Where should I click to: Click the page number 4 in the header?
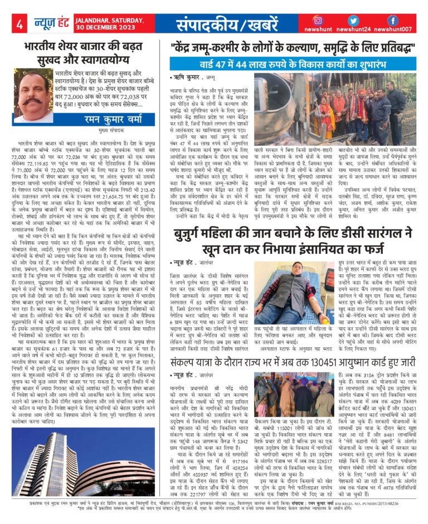(19, 25)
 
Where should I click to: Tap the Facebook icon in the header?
(393, 20)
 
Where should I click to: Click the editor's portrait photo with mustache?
(33, 95)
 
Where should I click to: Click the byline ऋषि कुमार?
(187, 79)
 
